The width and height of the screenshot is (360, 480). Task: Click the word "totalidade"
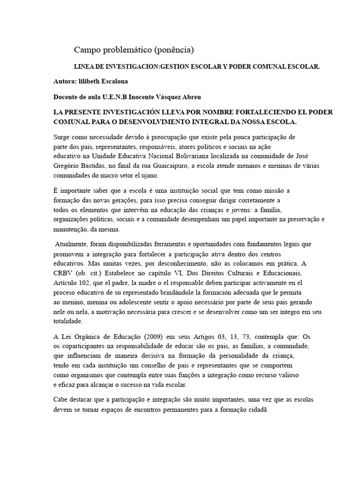click(x=67, y=322)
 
